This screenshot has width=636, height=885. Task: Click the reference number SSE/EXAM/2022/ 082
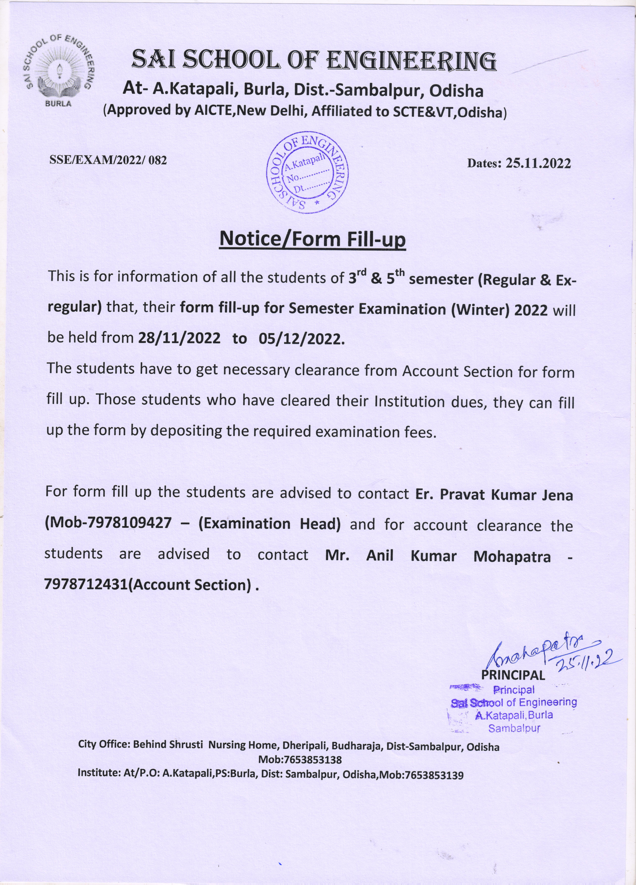(x=108, y=160)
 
